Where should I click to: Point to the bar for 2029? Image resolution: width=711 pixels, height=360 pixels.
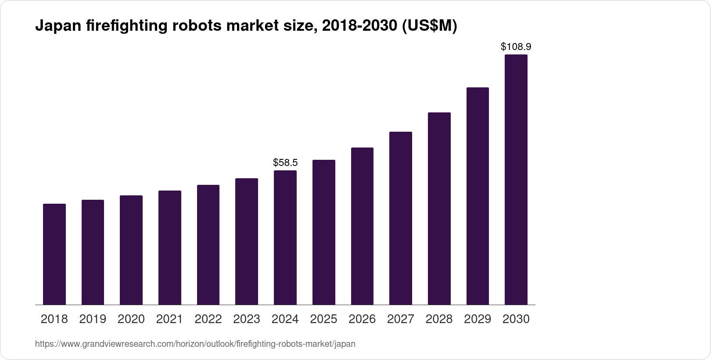pos(478,196)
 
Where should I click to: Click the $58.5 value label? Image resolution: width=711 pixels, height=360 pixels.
pos(285,163)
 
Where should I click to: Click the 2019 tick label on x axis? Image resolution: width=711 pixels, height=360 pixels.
pos(93,319)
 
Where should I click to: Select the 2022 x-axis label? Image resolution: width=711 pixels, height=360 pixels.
pos(208,319)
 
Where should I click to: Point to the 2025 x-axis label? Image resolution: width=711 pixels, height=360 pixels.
pos(323,319)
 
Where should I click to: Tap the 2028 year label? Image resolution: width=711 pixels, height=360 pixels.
pos(439,319)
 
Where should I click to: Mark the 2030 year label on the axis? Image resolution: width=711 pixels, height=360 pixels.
pos(516,319)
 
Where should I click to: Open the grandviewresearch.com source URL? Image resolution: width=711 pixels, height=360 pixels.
pos(195,344)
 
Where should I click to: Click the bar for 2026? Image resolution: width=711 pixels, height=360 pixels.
pos(362,226)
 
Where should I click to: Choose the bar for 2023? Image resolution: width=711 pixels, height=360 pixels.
pos(247,241)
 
